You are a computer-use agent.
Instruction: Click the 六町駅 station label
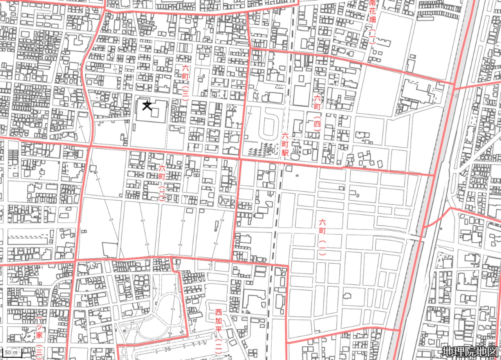(x=285, y=145)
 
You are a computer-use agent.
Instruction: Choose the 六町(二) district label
(x=162, y=183)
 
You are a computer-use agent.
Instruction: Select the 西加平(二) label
(x=218, y=333)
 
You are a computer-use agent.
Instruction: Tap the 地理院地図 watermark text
(x=470, y=351)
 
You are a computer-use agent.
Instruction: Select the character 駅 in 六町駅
(x=285, y=153)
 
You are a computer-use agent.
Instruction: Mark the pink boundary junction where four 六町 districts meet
(x=239, y=159)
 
